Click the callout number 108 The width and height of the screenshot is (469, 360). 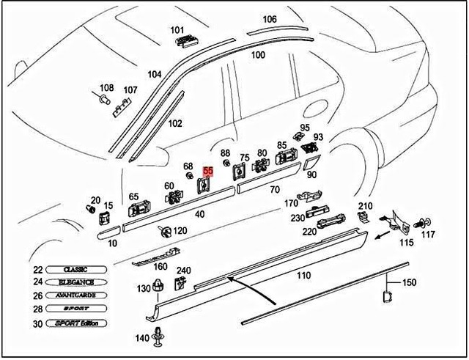click(106, 87)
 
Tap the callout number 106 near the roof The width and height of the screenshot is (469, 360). click(270, 19)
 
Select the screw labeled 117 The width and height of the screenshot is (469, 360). click(423, 221)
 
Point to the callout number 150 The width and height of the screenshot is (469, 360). click(410, 282)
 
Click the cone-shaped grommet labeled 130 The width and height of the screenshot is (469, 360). click(158, 287)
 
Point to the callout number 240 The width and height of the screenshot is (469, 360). click(183, 270)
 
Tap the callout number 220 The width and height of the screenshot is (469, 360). click(310, 231)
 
